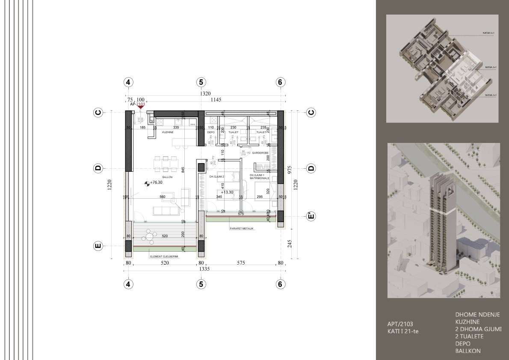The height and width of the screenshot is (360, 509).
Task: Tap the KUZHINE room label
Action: [167, 133]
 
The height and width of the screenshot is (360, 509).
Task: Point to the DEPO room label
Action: [210, 133]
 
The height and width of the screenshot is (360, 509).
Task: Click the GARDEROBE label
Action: [260, 152]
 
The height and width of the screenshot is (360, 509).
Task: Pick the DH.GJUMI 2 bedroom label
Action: [217, 176]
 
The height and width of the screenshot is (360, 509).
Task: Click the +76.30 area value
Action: [157, 182]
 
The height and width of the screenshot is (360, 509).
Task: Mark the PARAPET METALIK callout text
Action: [242, 229]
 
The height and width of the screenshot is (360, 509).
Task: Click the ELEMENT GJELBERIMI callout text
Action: [164, 257]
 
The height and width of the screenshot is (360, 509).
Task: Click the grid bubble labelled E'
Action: [311, 216]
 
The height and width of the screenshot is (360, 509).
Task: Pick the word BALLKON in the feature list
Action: [468, 351]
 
